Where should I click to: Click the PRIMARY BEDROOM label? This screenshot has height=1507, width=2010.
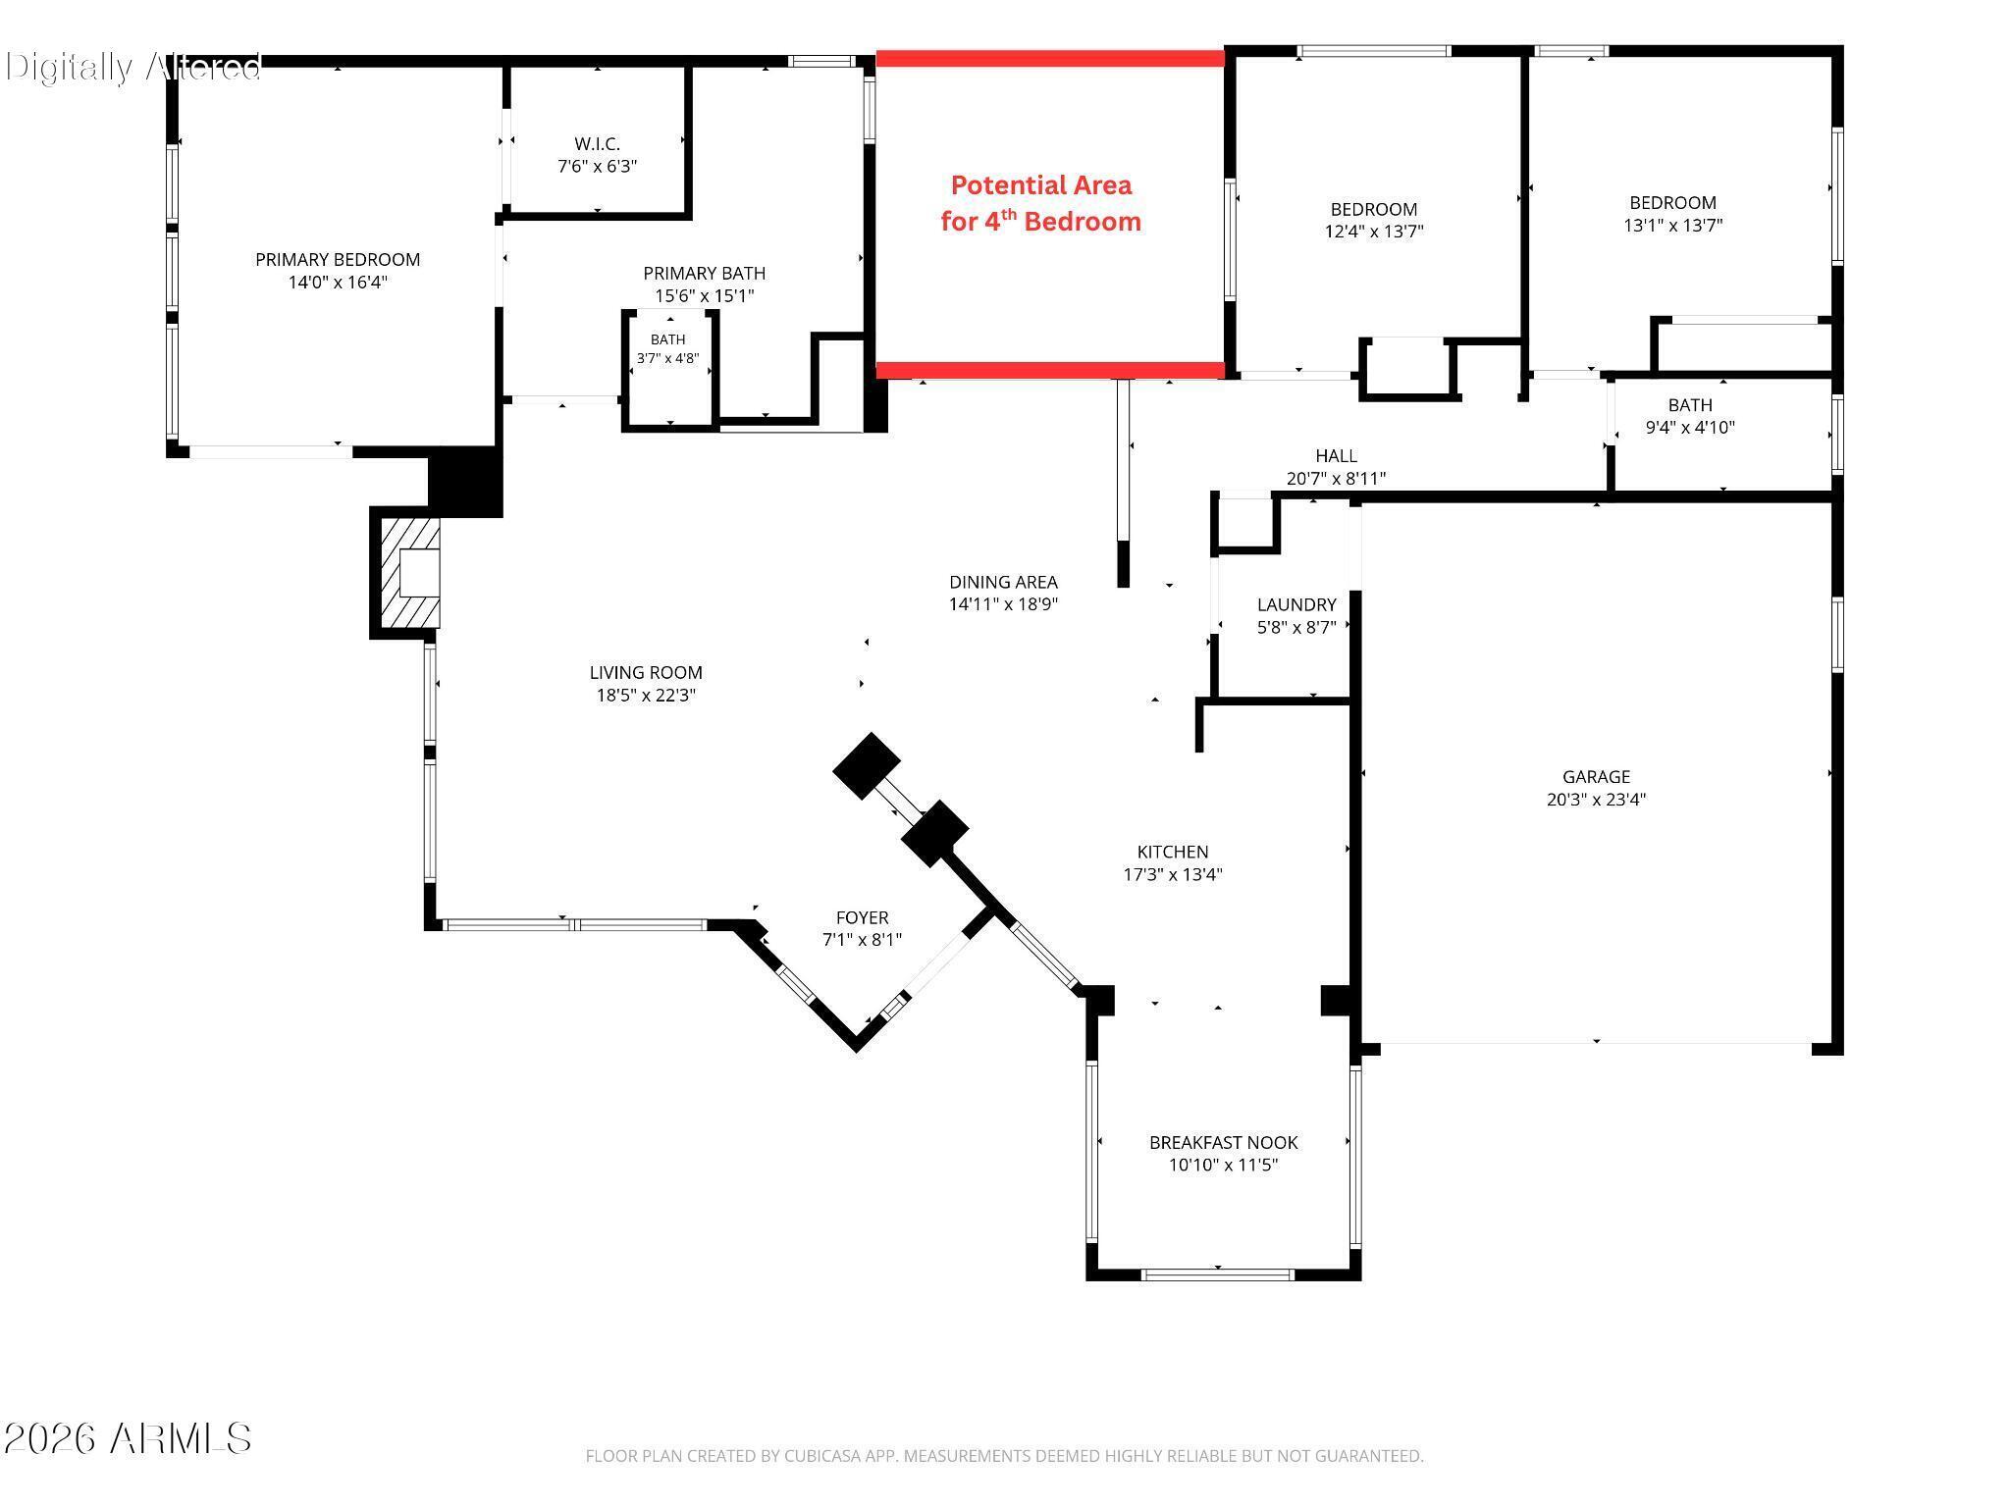click(x=338, y=260)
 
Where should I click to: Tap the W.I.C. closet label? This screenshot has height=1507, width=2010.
click(x=597, y=144)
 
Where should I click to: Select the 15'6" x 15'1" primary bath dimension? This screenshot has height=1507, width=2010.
click(x=705, y=295)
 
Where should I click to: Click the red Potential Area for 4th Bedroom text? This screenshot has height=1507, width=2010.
click(x=1041, y=203)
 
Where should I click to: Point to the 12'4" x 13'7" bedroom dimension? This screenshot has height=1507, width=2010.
click(x=1374, y=232)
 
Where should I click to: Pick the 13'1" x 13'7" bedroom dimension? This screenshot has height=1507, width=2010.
click(x=1673, y=226)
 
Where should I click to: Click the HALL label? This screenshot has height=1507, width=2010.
click(x=1337, y=456)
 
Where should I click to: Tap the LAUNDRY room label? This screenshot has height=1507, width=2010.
click(x=1296, y=605)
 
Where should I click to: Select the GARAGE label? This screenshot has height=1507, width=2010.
click(x=1596, y=777)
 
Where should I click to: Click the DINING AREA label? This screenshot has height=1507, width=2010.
click(x=1003, y=583)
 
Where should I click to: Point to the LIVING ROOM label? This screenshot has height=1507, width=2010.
click(x=646, y=673)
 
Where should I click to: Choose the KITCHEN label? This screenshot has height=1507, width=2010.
click(x=1173, y=853)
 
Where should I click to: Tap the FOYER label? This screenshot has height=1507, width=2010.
click(x=862, y=918)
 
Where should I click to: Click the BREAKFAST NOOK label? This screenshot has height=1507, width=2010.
click(x=1224, y=1143)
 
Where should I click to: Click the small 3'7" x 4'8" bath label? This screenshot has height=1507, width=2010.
click(x=667, y=349)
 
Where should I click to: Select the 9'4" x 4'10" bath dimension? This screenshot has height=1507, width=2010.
click(x=1690, y=428)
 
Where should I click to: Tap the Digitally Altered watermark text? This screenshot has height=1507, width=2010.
click(x=133, y=67)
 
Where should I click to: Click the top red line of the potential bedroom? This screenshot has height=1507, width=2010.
click(x=1050, y=59)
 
